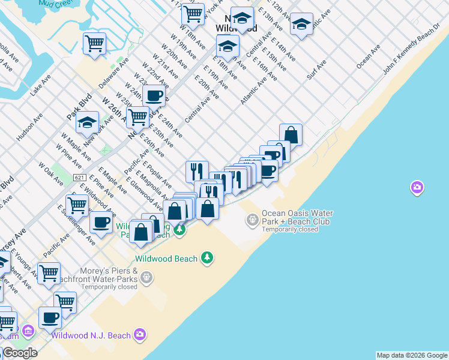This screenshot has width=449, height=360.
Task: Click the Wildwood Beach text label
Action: tap(166, 259)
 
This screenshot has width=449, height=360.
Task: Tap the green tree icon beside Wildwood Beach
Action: tap(207, 257)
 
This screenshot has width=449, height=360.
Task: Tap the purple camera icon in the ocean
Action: tap(417, 188)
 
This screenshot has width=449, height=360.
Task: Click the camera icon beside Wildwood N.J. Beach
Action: tap(140, 334)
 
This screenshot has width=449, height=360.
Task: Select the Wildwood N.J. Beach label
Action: tap(91, 335)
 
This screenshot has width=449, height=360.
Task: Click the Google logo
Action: tap(20, 353)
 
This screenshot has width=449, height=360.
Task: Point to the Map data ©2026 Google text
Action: tap(412, 355)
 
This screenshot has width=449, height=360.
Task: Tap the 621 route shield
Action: tap(79, 178)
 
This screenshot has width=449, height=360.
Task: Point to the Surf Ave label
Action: tap(316, 70)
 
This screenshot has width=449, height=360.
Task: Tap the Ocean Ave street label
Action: tap(368, 56)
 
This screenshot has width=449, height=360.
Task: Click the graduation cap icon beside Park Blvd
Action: tap(87, 122)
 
